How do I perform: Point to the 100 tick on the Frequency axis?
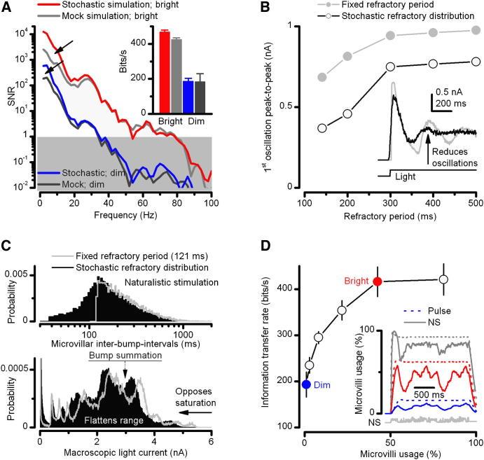(x=209, y=196)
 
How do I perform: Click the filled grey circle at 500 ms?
(x=476, y=30)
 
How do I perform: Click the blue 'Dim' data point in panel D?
(x=305, y=384)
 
